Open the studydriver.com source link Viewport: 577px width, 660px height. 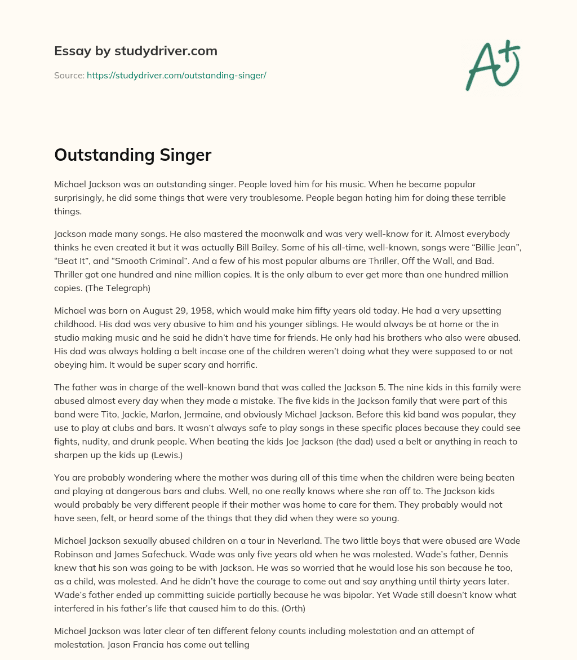[176, 75]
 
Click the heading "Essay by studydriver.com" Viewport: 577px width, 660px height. [136, 51]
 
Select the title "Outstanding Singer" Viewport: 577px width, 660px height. [132, 155]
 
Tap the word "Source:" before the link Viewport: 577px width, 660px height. [69, 75]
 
